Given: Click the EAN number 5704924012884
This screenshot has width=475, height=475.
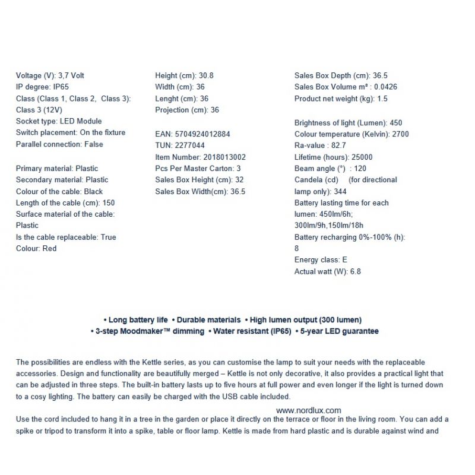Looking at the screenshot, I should pos(202,134).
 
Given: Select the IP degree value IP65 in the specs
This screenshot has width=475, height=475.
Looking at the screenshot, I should pos(61,87).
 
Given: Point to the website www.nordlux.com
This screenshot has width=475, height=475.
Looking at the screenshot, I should pos(309,410).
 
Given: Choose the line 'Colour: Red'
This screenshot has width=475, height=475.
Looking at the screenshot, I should pos(36,249).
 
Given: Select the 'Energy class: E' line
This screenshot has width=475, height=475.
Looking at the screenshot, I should pos(321,260).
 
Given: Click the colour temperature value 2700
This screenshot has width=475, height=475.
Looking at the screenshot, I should pos(400,134).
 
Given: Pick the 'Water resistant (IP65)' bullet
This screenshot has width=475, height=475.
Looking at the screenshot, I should pos(252,331).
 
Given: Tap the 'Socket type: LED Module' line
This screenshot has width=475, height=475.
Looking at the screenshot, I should pos(59,121).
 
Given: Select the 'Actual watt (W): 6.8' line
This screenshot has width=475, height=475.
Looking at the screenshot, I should pos(328,272).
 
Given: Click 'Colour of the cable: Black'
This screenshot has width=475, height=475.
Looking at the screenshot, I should pos(59,192).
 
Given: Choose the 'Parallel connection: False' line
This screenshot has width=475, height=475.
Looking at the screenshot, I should pos(59,144).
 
